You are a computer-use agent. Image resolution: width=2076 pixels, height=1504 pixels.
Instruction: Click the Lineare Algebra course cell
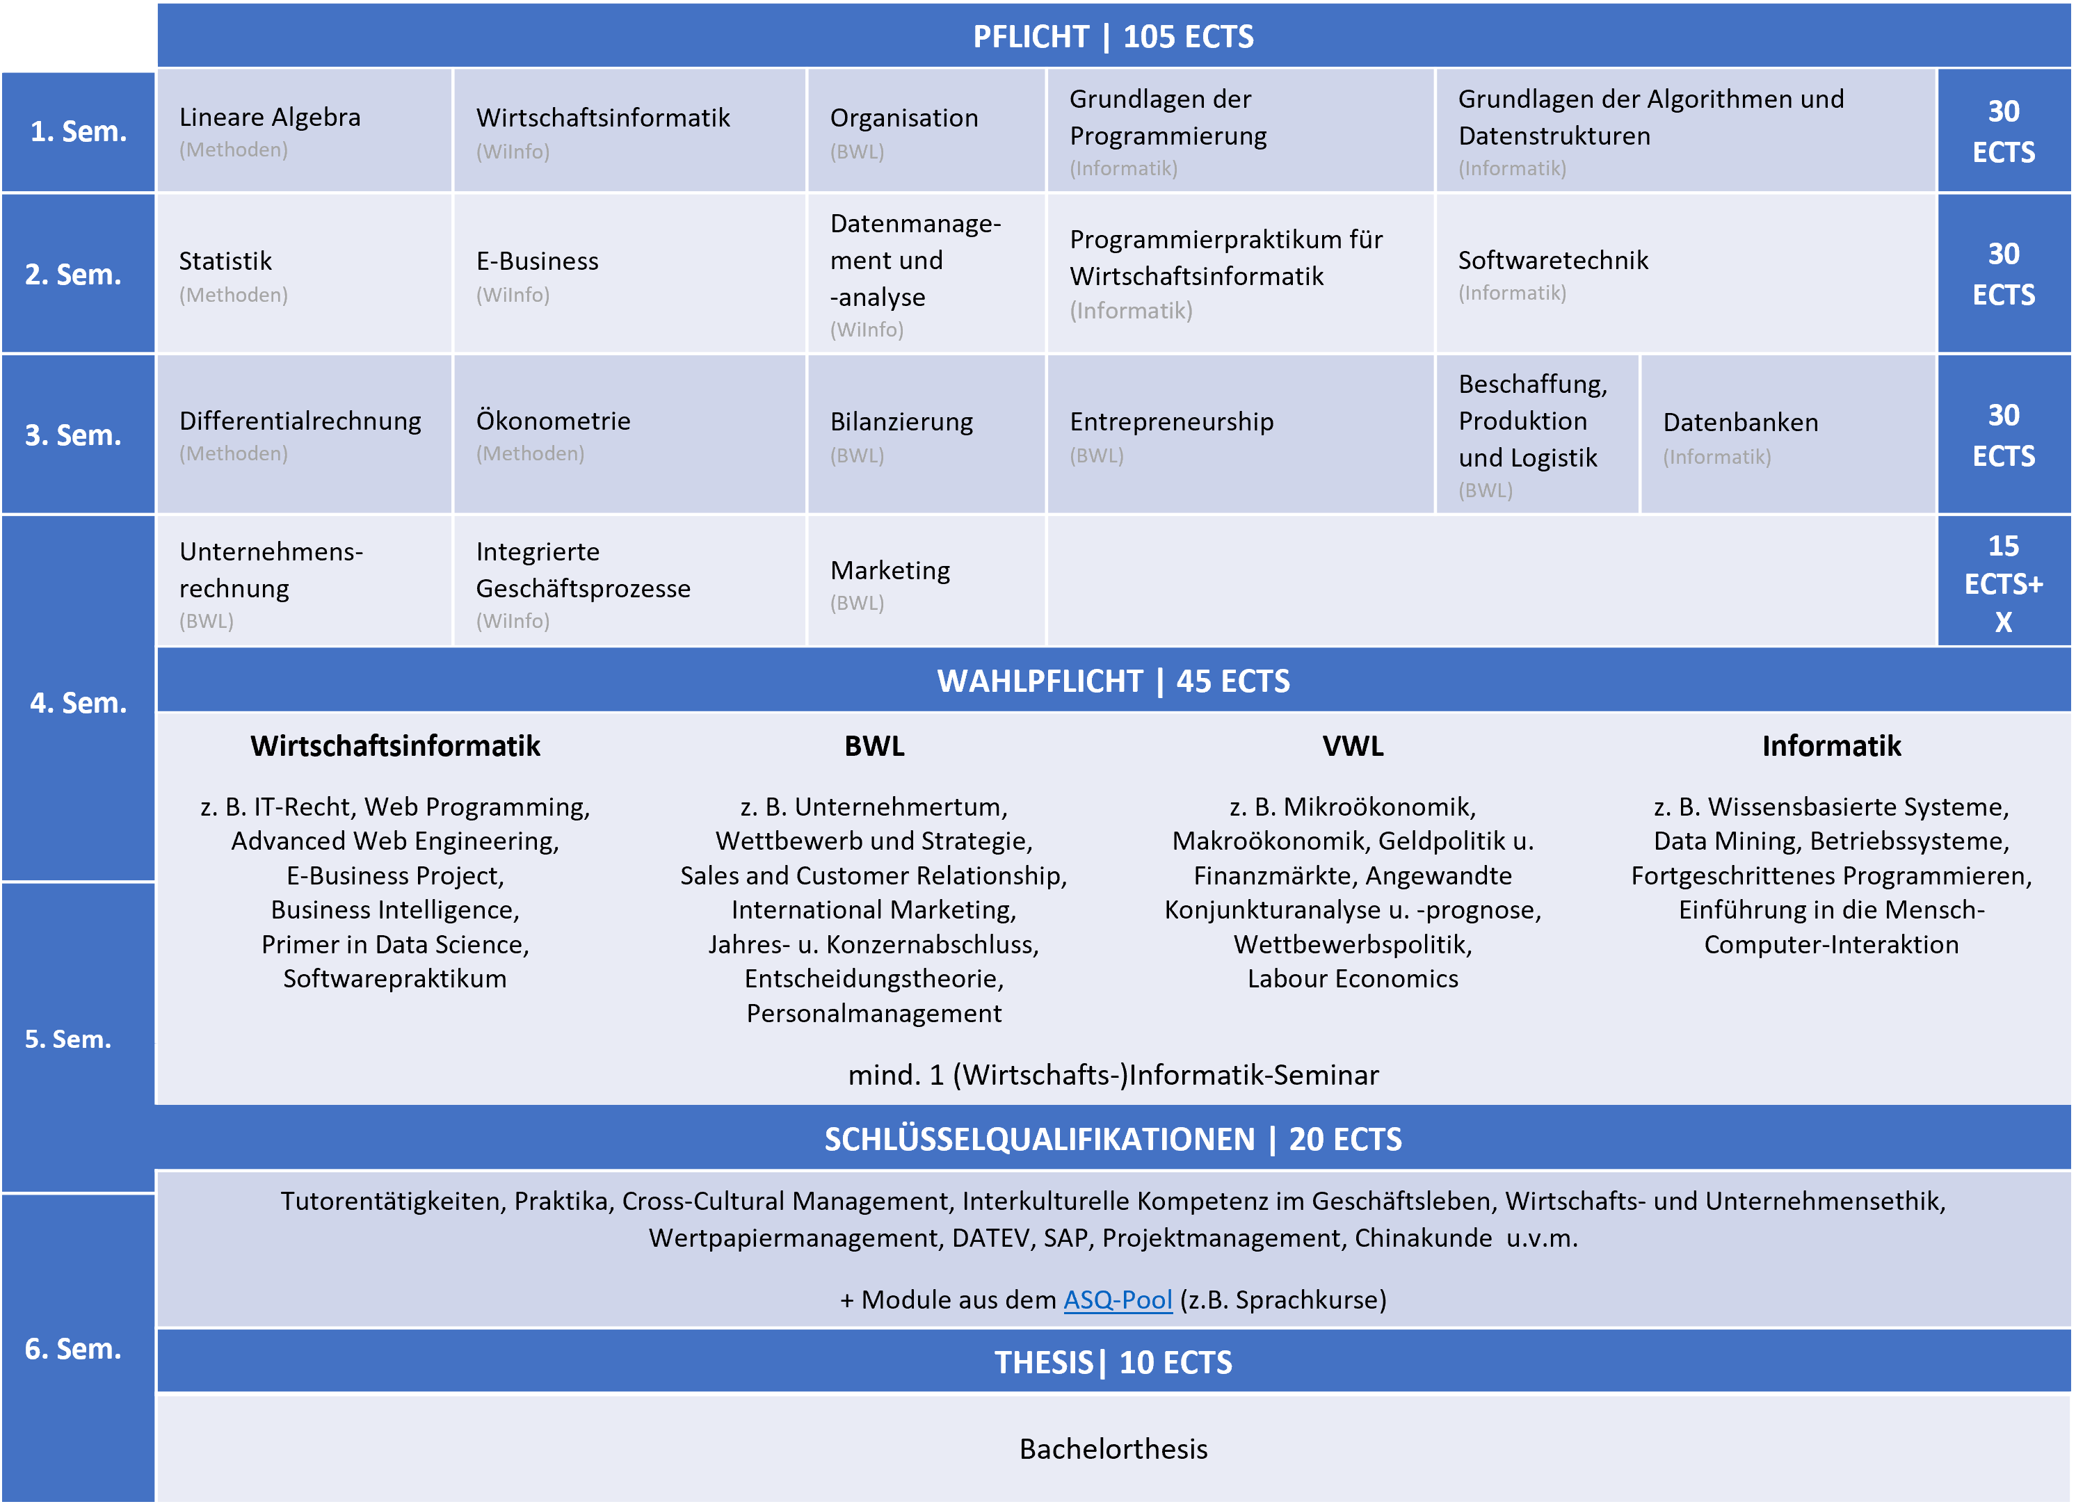pos(303,131)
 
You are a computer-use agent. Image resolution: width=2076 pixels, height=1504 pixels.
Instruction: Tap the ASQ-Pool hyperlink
pos(1117,1300)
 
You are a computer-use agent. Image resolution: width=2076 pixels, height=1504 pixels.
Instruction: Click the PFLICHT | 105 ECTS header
pos(1113,37)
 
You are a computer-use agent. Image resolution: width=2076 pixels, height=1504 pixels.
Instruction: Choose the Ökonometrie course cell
pos(629,435)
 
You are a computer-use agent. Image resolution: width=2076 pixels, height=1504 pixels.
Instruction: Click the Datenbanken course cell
pos(1787,435)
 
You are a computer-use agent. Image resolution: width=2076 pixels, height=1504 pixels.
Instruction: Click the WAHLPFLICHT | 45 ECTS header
pos(1113,681)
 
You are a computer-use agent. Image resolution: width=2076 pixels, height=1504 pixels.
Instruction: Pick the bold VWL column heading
pos(1353,746)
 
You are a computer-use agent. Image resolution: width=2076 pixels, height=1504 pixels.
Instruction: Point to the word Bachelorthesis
pos(1113,1449)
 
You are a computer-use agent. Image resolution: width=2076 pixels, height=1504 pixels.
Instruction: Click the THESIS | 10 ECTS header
pos(1113,1362)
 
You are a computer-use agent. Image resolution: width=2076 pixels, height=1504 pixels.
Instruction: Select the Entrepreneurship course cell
pos(1239,435)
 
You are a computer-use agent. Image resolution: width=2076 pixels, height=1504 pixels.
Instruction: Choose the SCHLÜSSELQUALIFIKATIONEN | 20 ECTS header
pos(1113,1139)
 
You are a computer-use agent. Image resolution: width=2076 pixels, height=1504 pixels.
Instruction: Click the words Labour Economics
pos(1353,978)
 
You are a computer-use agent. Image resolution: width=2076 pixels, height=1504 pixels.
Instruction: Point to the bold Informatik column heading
pos(1830,746)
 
